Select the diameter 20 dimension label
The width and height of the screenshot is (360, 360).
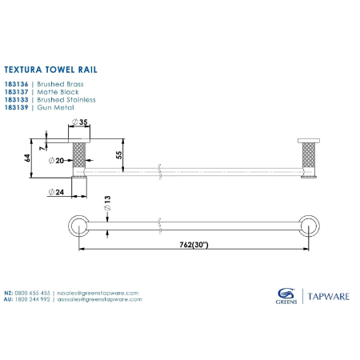click(x=56, y=160)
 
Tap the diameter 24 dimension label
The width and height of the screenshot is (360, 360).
click(x=56, y=191)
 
